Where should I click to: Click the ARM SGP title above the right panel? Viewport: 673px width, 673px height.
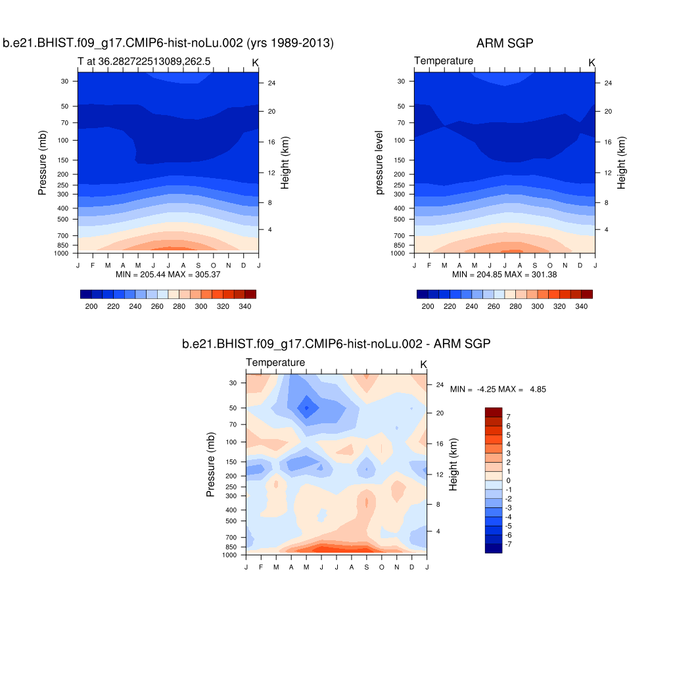point(505,43)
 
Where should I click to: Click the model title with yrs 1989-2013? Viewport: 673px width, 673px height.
point(168,43)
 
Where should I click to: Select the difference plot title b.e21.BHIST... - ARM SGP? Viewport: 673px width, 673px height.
point(336,344)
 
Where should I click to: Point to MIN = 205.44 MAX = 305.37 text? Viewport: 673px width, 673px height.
point(168,274)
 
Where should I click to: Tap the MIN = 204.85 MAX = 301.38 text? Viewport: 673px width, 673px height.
point(504,274)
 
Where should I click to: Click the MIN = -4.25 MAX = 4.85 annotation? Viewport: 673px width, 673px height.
point(498,389)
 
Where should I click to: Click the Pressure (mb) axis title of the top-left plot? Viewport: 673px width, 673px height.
point(43,166)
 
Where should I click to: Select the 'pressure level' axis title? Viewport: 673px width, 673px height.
point(380,166)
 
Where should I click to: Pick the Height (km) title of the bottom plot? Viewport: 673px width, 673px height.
point(453,465)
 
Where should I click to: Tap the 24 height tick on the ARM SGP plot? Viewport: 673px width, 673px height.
point(607,83)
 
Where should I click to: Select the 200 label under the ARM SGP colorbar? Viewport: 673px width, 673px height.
point(428,306)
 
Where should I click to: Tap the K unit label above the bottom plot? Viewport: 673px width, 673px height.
point(423,364)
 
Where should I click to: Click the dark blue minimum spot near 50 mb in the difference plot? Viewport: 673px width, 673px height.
point(306,407)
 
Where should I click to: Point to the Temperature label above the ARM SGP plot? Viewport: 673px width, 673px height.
point(444,61)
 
